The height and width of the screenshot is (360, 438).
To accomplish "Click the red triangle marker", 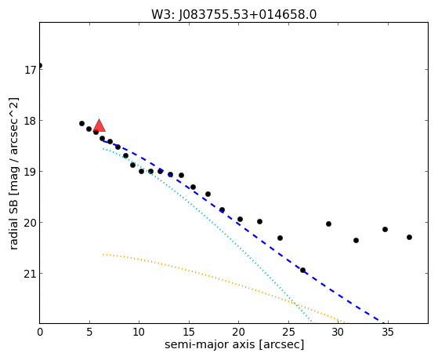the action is [x=100, y=125].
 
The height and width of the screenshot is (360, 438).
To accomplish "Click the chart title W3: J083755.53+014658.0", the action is [x=233, y=14].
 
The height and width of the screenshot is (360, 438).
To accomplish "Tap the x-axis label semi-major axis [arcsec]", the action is [x=234, y=344].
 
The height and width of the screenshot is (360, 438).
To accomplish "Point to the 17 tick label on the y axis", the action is [x=30, y=70].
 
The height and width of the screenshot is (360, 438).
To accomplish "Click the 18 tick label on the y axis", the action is [x=30, y=121].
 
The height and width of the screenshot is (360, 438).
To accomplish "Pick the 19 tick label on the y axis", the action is [x=30, y=172].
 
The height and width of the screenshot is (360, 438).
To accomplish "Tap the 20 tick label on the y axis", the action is [x=30, y=223].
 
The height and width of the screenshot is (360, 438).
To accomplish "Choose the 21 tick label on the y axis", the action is [x=30, y=274].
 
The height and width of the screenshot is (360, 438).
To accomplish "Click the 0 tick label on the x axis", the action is [x=40, y=333].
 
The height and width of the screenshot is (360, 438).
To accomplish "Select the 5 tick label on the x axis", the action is [x=89, y=333].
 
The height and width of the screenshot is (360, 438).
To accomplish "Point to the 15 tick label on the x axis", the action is [x=189, y=333].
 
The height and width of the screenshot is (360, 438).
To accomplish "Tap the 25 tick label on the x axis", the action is [x=288, y=333].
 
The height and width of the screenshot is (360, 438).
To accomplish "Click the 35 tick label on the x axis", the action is [x=388, y=333].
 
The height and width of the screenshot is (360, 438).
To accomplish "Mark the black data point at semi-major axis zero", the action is [x=40, y=65].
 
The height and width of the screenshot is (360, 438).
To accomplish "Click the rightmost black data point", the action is [x=409, y=237].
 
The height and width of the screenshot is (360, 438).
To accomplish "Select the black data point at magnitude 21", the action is [x=302, y=271].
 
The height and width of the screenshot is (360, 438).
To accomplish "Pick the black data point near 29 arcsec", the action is [x=328, y=224].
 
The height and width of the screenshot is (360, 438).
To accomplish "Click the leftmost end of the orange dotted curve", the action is [x=103, y=254].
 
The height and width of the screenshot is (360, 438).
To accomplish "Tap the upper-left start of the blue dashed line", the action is [x=103, y=141].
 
